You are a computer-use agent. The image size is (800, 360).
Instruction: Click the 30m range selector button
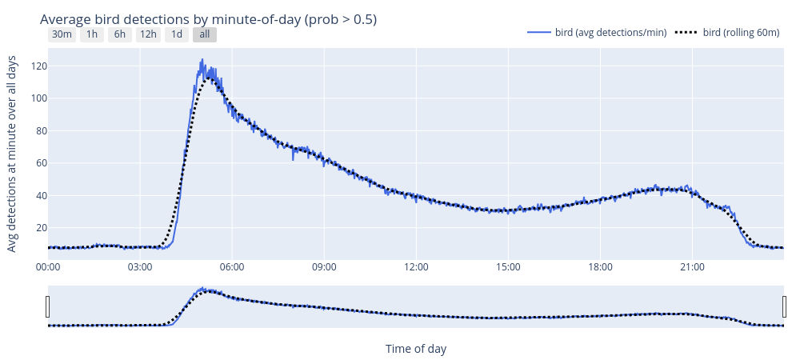(62, 34)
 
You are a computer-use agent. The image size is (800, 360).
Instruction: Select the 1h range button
(92, 34)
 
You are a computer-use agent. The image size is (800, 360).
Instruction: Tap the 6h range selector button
(119, 34)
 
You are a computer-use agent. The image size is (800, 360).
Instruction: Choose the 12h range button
(148, 34)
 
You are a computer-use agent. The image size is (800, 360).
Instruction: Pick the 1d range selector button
(177, 34)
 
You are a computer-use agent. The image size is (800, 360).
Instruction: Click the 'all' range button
(205, 34)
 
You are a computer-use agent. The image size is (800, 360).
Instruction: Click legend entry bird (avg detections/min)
(597, 33)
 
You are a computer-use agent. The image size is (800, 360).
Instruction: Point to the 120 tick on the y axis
(34, 66)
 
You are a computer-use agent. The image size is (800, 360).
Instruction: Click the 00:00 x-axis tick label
(48, 266)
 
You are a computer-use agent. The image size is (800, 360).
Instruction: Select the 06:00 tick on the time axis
(232, 266)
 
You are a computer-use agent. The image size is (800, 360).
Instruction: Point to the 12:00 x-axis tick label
(416, 266)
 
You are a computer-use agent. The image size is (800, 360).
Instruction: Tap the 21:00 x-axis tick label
(692, 266)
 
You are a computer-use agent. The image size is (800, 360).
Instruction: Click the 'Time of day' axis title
(416, 349)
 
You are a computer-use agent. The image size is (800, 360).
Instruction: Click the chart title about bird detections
(208, 18)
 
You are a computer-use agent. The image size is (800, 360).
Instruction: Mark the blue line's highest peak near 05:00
(202, 59)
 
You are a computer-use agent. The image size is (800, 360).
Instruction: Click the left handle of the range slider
(48, 306)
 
